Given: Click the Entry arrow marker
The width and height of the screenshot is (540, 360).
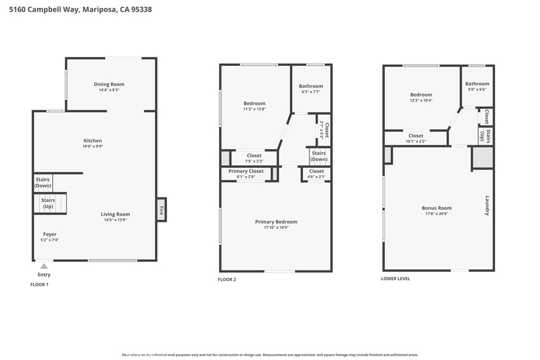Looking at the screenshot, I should [x=44, y=266].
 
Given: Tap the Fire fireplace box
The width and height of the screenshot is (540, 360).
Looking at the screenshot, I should [x=161, y=210].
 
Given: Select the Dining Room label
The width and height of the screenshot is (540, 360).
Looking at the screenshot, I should [x=109, y=84].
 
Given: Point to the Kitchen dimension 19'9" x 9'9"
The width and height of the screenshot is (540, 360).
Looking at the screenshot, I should [x=93, y=147].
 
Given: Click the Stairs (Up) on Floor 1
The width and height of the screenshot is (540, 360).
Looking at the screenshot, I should [x=48, y=203].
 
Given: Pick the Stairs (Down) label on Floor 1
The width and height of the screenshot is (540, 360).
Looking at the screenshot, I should [x=43, y=182].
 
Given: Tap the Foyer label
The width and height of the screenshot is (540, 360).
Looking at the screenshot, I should [x=50, y=234].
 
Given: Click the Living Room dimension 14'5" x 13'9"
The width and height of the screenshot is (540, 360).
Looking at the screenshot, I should [x=115, y=220].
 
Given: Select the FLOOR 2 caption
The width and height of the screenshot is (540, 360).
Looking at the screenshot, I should [x=227, y=279].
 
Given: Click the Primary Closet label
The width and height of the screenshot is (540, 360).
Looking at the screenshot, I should [x=246, y=171].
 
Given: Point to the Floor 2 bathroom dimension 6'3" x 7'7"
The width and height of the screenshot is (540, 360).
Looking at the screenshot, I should [x=311, y=92].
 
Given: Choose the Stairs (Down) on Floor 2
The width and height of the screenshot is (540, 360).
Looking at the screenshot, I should [x=319, y=156].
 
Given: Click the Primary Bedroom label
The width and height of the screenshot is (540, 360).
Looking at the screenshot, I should [x=276, y=222].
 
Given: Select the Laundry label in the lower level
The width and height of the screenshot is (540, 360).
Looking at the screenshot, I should [x=487, y=206].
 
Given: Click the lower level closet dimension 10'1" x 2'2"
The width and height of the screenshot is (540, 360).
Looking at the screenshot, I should [x=416, y=141].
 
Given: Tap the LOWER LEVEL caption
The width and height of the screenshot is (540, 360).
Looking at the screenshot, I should [x=396, y=278].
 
